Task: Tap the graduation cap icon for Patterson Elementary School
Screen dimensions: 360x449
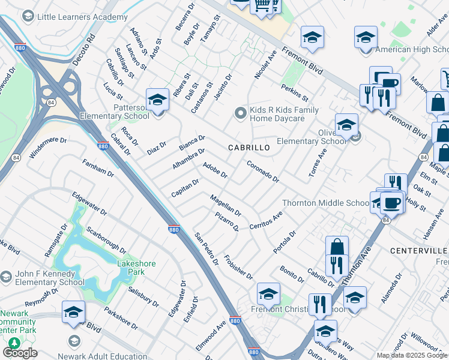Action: [x=157, y=99]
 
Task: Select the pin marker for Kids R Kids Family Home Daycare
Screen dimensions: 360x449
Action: [x=241, y=113]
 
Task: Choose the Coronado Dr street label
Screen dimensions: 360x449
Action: [x=263, y=170]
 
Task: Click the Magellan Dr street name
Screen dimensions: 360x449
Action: [x=225, y=206]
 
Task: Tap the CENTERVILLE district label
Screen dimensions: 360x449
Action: [x=418, y=250]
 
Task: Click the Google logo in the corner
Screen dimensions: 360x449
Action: [x=20, y=353]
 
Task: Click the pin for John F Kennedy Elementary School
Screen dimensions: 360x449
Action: [x=6, y=277]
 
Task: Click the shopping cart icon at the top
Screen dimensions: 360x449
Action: [x=262, y=5]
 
